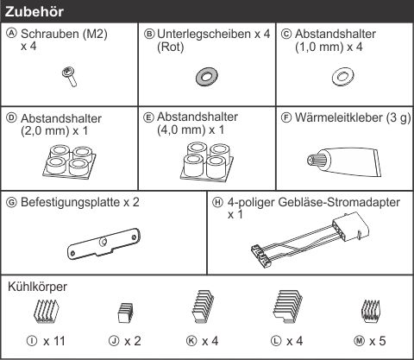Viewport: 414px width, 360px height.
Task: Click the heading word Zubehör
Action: [34, 12]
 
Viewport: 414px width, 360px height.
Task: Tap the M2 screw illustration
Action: [70, 76]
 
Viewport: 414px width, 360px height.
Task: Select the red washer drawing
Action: [206, 77]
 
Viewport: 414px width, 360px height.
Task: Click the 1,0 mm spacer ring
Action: [342, 77]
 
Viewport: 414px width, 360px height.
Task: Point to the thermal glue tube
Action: [344, 161]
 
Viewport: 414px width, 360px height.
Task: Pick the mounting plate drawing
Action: [103, 243]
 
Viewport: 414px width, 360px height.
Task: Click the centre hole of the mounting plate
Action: [103, 243]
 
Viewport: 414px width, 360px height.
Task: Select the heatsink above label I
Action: [46, 312]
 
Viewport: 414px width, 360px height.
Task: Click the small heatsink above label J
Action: [126, 313]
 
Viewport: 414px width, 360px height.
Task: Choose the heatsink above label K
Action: [203, 306]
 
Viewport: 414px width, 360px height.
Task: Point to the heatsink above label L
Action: [288, 306]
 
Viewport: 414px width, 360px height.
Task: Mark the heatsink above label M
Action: [371, 311]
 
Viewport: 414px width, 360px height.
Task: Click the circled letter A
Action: [12, 34]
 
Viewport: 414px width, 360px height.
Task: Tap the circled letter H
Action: [217, 202]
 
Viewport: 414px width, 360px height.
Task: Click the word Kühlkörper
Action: [37, 287]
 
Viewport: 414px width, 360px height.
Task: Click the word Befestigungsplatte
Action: [71, 203]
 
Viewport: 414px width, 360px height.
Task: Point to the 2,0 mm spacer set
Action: [70, 161]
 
